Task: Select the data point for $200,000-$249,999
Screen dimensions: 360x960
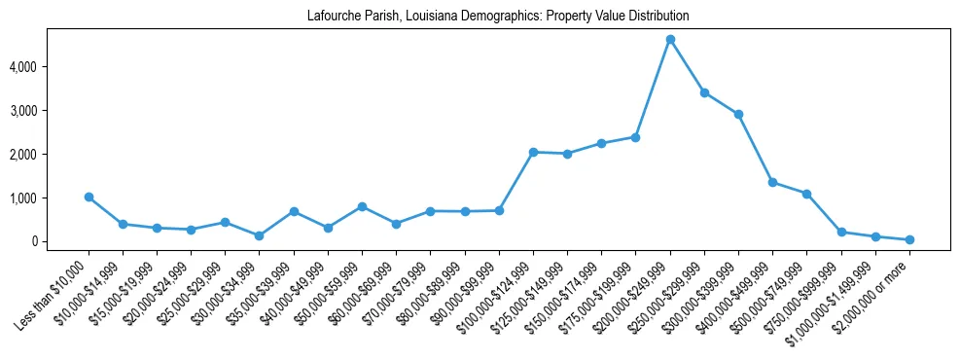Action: pyautogui.click(x=670, y=40)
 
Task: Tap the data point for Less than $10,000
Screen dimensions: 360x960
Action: pyautogui.click(x=89, y=197)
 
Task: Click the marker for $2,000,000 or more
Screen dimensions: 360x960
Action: pyautogui.click(x=909, y=239)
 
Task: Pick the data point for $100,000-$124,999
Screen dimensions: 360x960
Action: pyautogui.click(x=533, y=152)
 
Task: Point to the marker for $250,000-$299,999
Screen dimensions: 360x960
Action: pyautogui.click(x=704, y=92)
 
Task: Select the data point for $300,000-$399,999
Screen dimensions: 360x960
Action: pyautogui.click(x=738, y=114)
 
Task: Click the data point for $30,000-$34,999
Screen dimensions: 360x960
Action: pyautogui.click(x=260, y=235)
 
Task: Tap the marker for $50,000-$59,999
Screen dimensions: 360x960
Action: pyautogui.click(x=362, y=206)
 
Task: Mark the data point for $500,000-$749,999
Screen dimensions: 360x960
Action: pyautogui.click(x=806, y=194)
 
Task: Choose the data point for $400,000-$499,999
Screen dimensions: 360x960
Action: pyautogui.click(x=772, y=182)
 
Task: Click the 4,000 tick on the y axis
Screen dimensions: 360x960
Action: pyautogui.click(x=51, y=67)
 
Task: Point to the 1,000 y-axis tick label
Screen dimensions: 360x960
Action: pyautogui.click(x=51, y=198)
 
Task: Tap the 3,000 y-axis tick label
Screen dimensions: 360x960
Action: pyautogui.click(x=51, y=111)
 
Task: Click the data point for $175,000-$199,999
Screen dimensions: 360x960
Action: pyautogui.click(x=635, y=137)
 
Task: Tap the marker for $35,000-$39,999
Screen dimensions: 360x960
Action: pyautogui.click(x=294, y=211)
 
